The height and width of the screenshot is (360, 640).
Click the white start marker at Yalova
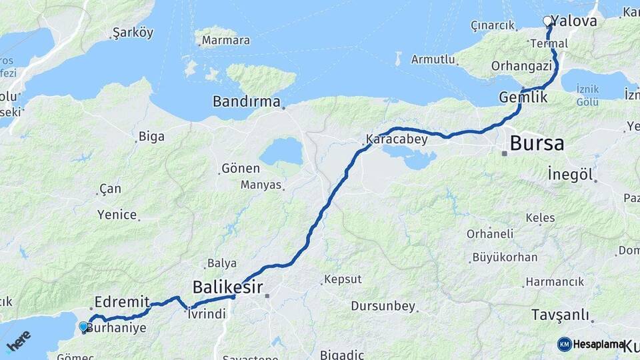pyautogui.click(x=548, y=21)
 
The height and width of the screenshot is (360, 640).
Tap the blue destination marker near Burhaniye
pyautogui.click(x=83, y=327)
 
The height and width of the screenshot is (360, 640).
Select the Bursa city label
pyautogui.click(x=536, y=143)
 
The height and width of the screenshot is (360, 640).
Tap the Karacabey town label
pyautogui.click(x=393, y=141)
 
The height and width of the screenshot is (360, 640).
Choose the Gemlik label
pyautogui.click(x=523, y=97)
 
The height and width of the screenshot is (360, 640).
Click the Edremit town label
pyautogui.click(x=121, y=301)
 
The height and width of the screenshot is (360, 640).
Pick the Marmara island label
pyautogui.click(x=225, y=41)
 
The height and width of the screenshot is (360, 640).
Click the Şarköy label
pyautogui.click(x=133, y=33)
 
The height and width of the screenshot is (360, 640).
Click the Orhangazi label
pyautogui.click(x=521, y=65)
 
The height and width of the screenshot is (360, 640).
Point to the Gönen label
pyautogui.click(x=240, y=168)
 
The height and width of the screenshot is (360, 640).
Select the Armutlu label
pyautogui.click(x=433, y=59)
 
